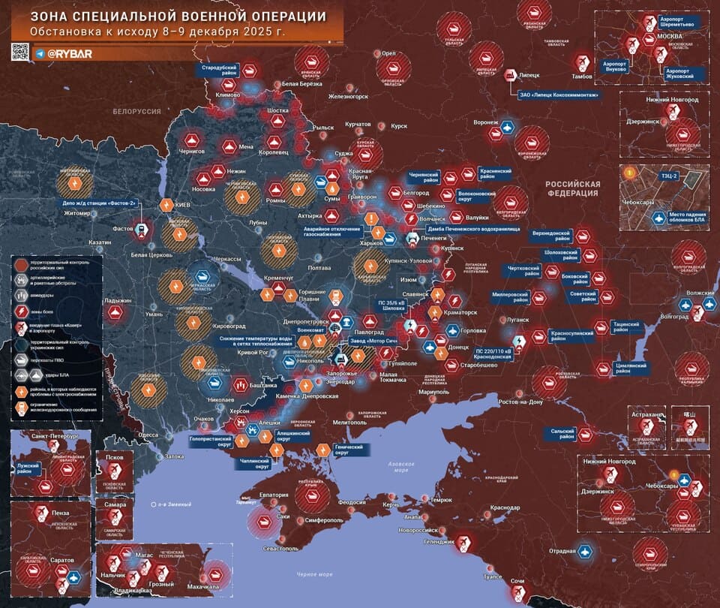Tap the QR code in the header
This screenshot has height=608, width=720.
(x=19, y=53)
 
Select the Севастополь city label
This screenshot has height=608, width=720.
(x=278, y=549)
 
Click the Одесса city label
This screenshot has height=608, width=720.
(x=148, y=434)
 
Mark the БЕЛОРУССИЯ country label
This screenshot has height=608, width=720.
(x=136, y=110)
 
